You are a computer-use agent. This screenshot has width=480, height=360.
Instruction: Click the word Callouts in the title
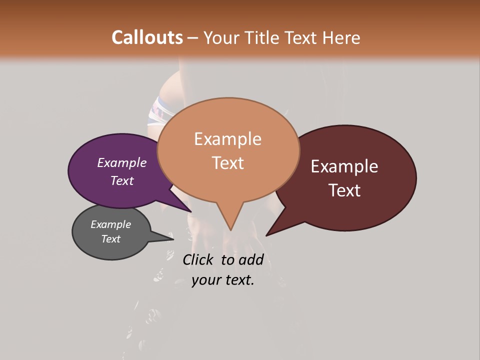[x=147, y=37]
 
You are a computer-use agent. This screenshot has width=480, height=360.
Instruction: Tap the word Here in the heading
[x=342, y=37]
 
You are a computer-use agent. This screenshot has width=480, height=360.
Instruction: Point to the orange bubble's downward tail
[x=229, y=220]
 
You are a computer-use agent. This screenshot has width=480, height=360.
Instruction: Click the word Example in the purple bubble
[x=121, y=163]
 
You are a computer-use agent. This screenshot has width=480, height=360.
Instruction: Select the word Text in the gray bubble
[x=110, y=239]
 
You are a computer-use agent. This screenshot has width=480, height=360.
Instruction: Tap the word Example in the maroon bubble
[x=344, y=166]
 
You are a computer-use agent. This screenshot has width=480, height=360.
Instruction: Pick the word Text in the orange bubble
[x=228, y=163]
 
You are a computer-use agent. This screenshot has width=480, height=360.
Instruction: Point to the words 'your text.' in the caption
[x=223, y=280]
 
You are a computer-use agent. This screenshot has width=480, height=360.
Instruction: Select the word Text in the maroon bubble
[x=344, y=190]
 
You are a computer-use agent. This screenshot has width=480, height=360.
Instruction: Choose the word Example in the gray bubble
[x=110, y=224]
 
